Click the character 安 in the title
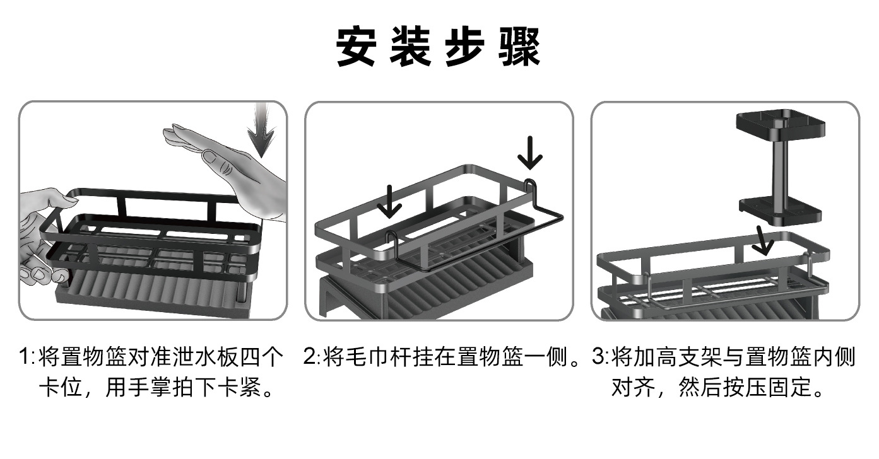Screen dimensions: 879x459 357,47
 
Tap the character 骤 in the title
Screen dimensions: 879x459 519,47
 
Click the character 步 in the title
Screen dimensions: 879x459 465,47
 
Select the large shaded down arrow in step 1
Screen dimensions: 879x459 261,130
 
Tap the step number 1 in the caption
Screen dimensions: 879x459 25,357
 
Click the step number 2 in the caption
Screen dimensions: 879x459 310,357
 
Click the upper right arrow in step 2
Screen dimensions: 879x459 530,153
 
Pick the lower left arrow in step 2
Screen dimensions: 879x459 389,202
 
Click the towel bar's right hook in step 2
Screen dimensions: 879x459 531,188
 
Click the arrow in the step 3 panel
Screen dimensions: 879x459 764,240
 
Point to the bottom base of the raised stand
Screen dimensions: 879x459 780,211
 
